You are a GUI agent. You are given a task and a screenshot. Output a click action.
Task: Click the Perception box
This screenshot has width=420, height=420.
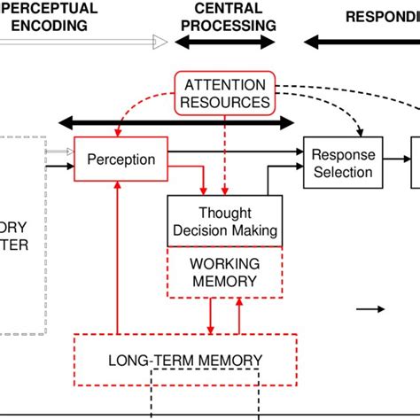point(121,160)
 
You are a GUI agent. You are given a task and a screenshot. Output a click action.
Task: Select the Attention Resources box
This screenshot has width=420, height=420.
point(224,93)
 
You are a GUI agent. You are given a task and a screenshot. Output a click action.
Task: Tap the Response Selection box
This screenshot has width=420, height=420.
point(342,162)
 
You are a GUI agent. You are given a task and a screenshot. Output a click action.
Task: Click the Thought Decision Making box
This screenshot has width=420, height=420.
point(225,222)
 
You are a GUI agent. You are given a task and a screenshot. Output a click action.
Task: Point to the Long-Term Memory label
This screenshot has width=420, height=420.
point(185,361)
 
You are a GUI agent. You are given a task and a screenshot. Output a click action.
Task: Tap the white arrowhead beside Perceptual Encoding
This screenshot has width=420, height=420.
point(159,42)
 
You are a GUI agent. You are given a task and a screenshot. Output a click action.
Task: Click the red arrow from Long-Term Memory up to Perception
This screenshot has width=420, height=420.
point(117,257)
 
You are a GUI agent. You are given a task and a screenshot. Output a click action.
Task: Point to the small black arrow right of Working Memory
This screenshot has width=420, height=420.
point(370,309)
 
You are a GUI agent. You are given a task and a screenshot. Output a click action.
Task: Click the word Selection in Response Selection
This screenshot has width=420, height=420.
point(343,172)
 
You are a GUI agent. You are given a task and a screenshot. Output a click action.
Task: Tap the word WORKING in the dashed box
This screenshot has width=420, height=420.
point(225,264)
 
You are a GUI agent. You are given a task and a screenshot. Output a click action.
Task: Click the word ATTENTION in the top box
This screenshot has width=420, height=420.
point(224,85)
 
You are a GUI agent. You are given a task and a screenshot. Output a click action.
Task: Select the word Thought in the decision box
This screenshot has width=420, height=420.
point(225,213)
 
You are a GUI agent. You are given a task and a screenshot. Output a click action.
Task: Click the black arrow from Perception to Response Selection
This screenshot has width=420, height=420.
point(235,152)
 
